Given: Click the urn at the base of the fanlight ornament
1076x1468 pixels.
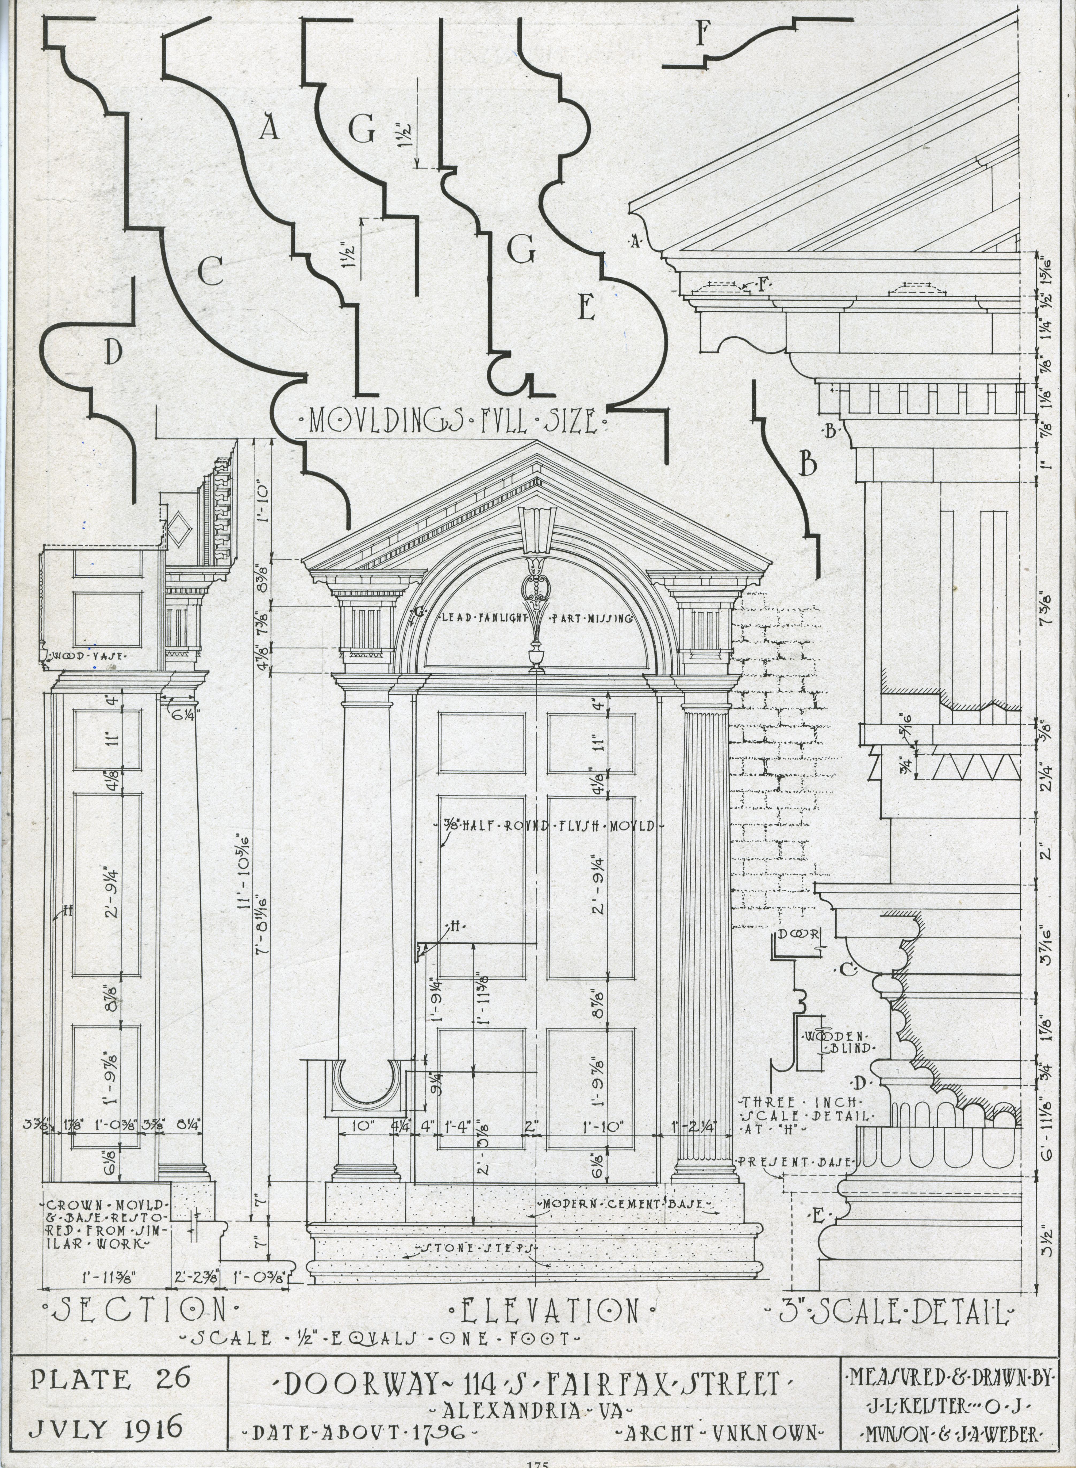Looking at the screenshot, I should tap(536, 655).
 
